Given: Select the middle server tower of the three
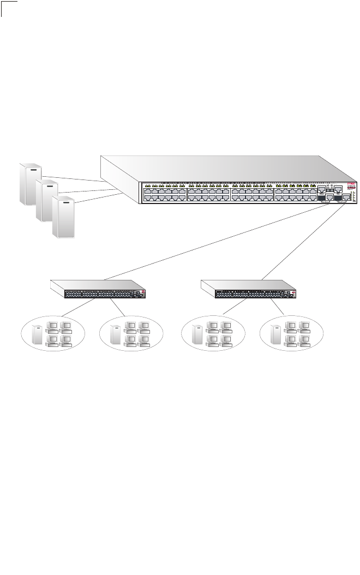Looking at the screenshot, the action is [46, 200].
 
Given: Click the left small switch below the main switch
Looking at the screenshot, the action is [99, 289].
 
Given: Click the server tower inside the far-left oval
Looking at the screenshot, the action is [37, 334].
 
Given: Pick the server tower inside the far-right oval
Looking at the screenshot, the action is [276, 334].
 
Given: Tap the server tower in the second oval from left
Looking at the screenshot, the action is [116, 334].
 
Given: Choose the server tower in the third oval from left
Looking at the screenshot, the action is [197, 334].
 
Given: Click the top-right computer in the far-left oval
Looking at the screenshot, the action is [66, 327].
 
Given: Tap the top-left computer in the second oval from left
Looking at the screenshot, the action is [130, 327].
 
